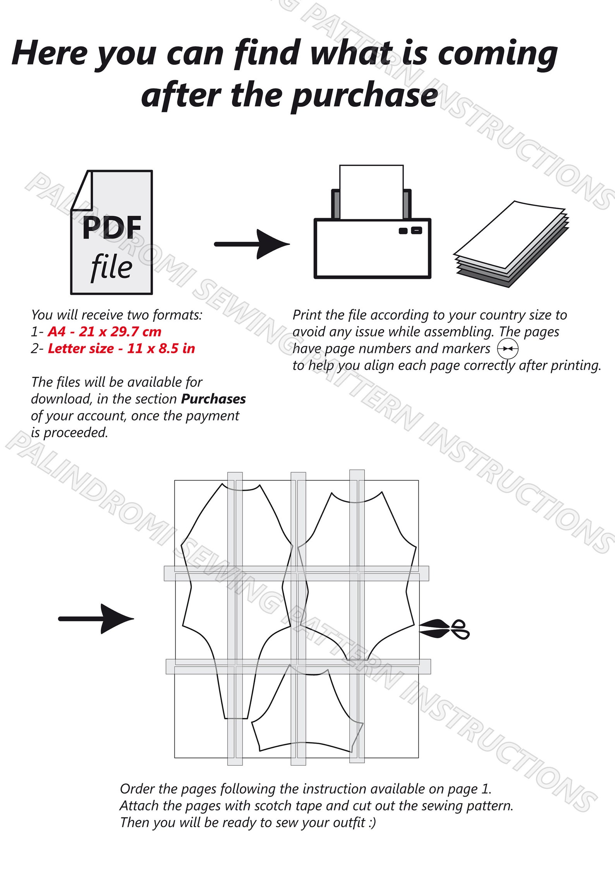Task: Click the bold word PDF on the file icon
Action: coord(112,228)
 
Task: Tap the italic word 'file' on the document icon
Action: coord(112,267)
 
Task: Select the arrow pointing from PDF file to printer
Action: coord(252,244)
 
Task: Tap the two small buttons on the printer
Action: coord(411,230)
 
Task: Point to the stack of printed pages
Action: coord(511,244)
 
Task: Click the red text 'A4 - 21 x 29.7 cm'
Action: coord(105,332)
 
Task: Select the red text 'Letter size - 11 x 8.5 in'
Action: coord(121,348)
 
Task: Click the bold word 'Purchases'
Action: coord(213,399)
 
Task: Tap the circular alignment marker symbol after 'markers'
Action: coord(508,349)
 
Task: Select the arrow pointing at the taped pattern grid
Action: coord(96,619)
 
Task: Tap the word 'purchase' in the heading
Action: coord(365,97)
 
